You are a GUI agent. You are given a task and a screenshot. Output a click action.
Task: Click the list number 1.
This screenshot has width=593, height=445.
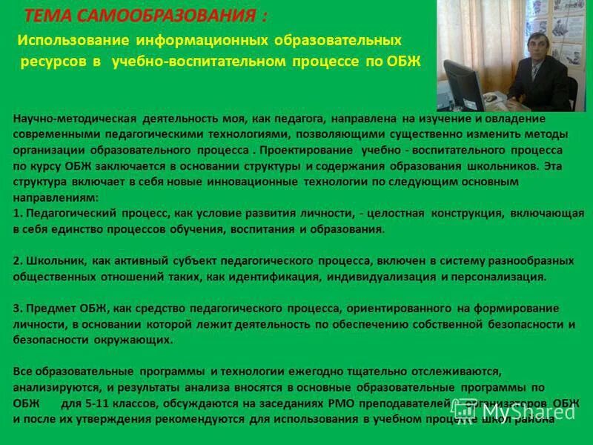coord(17,214)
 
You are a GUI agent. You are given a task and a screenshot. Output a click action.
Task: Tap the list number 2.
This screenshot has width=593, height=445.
coord(17,261)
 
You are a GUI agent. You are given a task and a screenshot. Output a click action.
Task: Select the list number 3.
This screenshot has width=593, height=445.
coord(17,309)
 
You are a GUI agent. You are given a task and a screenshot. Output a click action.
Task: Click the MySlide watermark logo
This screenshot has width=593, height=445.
coord(515,410)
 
